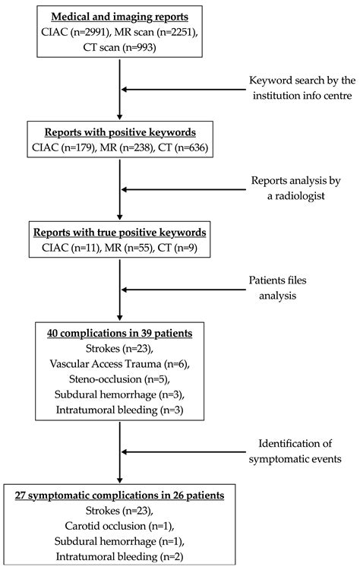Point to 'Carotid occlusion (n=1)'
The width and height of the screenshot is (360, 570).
119,530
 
